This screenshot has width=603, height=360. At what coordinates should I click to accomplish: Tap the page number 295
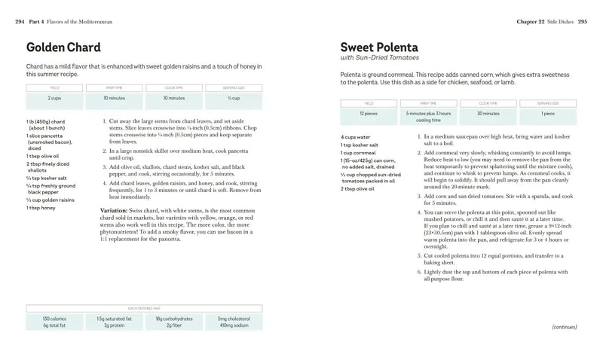click(x=582, y=22)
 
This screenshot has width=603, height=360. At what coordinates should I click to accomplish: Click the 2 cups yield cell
click(x=54, y=98)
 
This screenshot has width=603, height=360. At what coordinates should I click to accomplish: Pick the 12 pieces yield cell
click(x=368, y=114)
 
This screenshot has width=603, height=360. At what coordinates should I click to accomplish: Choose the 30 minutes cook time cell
click(x=488, y=113)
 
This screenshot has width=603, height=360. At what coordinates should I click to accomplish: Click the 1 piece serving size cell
click(x=547, y=113)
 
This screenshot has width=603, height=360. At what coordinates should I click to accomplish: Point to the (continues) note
click(x=565, y=328)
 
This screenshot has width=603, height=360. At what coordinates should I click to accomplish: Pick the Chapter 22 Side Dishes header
click(x=542, y=22)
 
